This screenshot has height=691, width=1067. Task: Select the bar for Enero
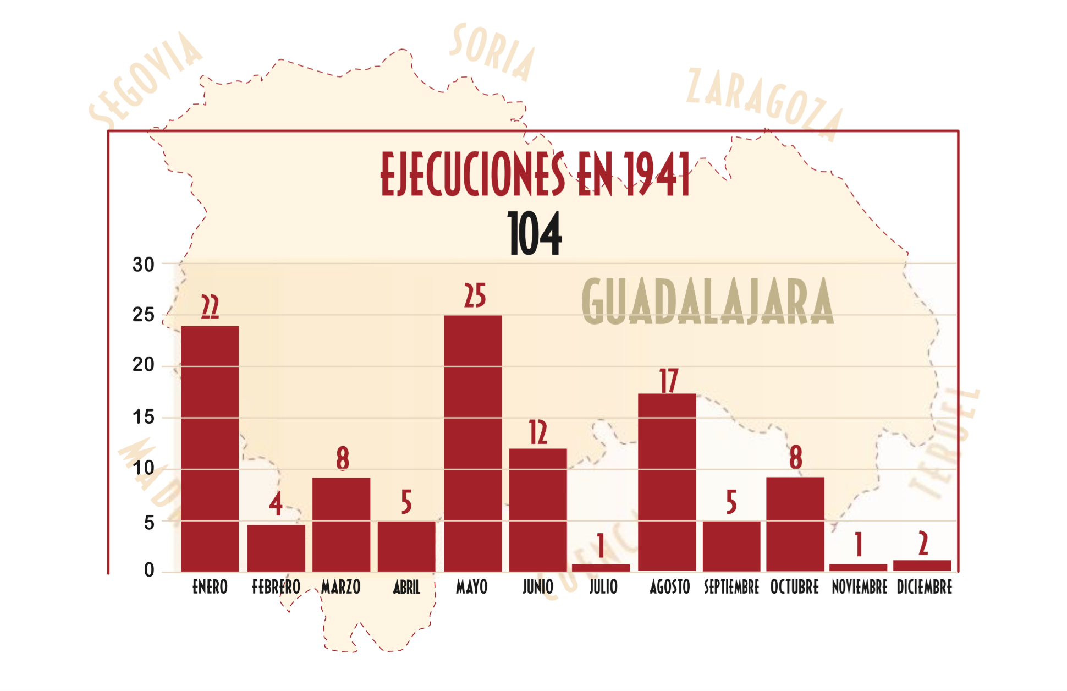coord(210,448)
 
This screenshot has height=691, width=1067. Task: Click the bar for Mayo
coord(472,443)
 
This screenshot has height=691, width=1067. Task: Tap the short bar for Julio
coord(601,567)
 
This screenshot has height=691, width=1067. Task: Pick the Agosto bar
coord(667,482)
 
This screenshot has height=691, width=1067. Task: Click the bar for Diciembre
coord(922,565)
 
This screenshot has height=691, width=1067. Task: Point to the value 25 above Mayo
coord(475,296)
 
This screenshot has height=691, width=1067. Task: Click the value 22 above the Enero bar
coord(210,306)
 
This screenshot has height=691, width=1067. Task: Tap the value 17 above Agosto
coord(669,381)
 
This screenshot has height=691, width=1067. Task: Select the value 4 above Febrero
coord(276,503)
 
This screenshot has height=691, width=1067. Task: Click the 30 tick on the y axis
coord(144,265)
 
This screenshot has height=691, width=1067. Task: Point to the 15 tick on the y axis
coord(144,417)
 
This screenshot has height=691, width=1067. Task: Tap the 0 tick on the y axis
coord(149,570)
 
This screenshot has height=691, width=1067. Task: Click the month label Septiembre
coord(731,587)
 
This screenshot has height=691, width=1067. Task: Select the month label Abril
coord(406,588)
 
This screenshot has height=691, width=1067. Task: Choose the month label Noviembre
coord(859,587)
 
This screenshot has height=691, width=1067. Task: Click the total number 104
coord(534,234)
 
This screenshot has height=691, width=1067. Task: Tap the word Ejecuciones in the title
coord(472,174)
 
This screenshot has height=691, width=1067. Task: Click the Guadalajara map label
coord(708,301)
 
